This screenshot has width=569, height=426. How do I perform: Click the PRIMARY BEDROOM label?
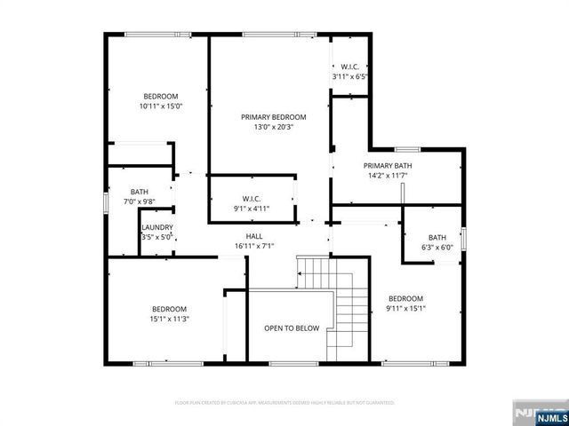(273, 117)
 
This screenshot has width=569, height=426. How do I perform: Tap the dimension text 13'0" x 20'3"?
(273, 127)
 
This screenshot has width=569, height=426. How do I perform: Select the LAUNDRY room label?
(156, 228)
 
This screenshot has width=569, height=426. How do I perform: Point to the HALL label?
(254, 236)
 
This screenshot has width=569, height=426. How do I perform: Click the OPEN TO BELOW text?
(291, 328)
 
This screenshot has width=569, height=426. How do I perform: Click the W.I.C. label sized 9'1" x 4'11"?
(251, 199)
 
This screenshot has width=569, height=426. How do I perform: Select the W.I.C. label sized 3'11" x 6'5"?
(349, 67)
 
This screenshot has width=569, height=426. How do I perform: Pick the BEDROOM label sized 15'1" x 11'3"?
(168, 309)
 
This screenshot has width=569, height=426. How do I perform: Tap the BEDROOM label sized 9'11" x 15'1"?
(405, 299)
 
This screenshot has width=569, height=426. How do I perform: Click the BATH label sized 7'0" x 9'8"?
(140, 192)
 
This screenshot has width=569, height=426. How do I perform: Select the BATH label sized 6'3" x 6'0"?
(437, 238)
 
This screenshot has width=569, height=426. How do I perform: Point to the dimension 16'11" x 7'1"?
(254, 246)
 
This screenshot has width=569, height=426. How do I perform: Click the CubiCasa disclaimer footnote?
(284, 402)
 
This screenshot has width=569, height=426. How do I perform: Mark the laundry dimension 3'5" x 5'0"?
(156, 237)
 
